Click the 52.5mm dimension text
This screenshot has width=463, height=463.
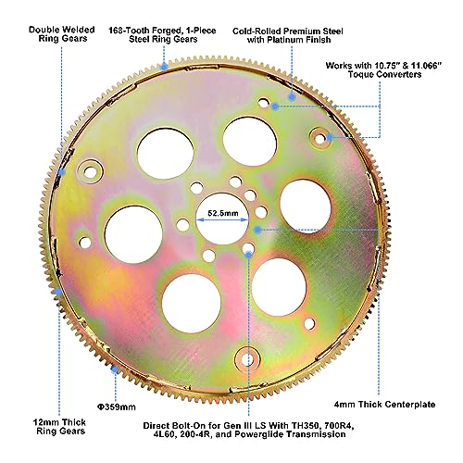(x=223, y=213)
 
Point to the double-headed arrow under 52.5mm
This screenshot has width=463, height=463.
(x=222, y=219)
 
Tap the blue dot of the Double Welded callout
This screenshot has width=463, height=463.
(x=62, y=172)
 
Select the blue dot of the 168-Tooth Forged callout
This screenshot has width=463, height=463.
(x=164, y=66)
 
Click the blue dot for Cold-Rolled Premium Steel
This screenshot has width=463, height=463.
(x=292, y=97)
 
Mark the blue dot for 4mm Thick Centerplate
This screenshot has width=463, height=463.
(x=258, y=230)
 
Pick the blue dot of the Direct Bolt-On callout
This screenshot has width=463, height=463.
(x=248, y=255)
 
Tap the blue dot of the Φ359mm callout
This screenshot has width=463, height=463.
(x=115, y=369)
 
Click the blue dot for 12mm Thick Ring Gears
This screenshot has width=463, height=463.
(x=58, y=292)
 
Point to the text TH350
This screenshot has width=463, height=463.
(x=304, y=426)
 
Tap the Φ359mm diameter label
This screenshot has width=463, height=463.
(x=117, y=407)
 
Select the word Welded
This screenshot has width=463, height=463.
(x=79, y=30)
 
